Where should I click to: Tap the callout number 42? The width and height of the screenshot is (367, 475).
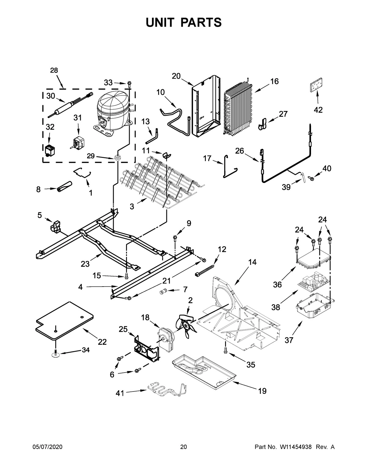[318, 110]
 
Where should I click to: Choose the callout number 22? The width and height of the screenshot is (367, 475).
[102, 342]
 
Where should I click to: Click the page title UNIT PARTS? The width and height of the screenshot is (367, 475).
[183, 22]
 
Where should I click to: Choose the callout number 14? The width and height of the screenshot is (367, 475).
[252, 262]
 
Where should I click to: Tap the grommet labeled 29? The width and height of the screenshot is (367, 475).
[117, 158]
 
